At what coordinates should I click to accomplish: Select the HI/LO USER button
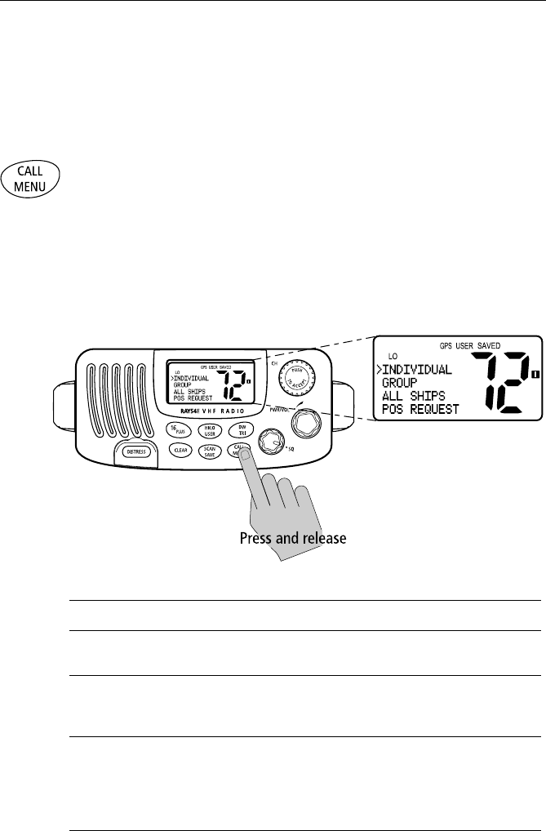210,429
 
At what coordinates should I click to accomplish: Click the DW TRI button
241,429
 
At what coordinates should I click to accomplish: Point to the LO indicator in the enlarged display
393,356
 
